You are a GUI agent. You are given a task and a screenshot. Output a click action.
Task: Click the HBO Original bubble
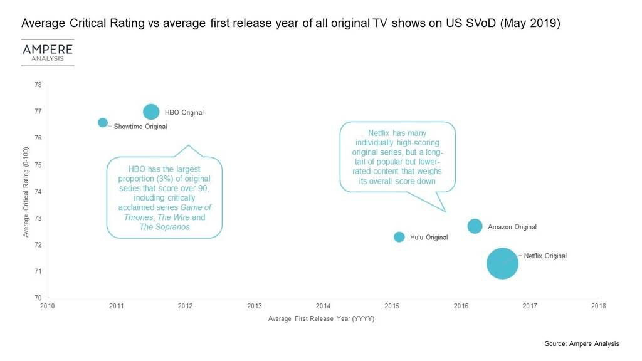151,112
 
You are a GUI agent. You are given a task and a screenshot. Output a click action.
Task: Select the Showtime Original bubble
103,122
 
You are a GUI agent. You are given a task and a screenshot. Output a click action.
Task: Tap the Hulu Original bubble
399,237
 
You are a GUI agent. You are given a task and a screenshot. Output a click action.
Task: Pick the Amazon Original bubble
475,226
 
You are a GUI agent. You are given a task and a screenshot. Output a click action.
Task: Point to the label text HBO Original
184,113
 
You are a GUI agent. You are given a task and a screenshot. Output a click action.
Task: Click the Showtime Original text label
140,127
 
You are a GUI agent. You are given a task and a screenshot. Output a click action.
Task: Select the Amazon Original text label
512,227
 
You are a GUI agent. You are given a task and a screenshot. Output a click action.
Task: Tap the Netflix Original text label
545,256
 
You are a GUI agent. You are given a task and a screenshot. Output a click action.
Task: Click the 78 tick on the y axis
38,85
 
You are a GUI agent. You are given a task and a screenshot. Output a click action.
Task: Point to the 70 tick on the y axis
38,298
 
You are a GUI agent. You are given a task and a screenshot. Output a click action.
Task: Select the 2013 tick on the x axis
254,306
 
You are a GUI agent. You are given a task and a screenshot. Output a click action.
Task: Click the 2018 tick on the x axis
599,306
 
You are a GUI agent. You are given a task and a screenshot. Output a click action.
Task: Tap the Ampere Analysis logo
48,53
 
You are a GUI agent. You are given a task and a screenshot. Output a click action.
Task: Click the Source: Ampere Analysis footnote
582,343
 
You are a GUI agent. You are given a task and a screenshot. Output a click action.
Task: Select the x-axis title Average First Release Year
321,319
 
